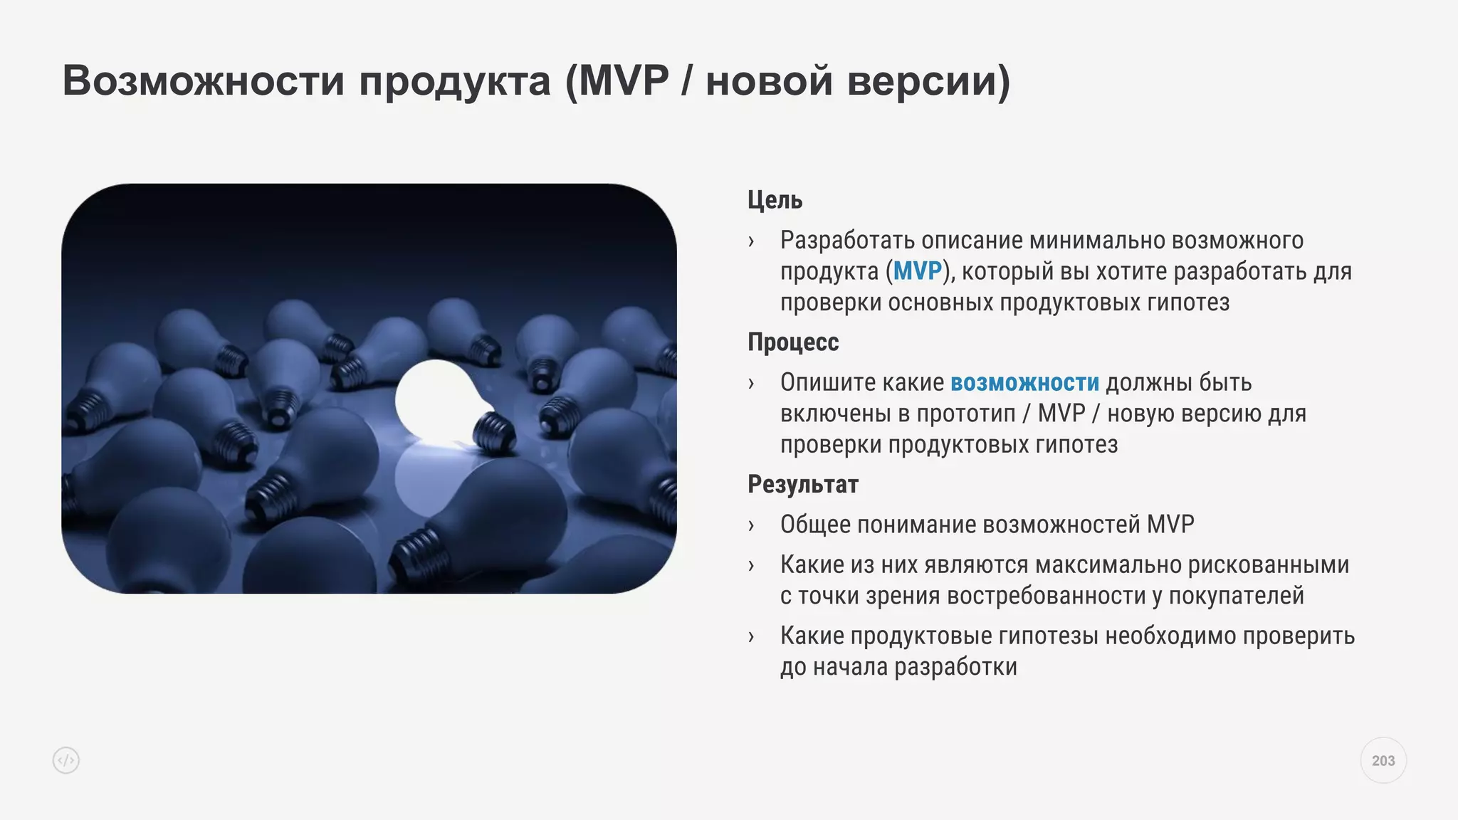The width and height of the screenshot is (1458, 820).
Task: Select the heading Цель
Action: coord(775,200)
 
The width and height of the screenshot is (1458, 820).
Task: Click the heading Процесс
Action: coord(793,342)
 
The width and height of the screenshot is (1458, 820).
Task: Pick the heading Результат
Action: coord(803,485)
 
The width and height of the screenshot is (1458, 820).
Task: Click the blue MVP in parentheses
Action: coord(917,271)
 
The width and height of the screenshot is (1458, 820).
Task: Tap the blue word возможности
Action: coord(1024,383)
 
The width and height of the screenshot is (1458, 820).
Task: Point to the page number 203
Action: coord(1383,761)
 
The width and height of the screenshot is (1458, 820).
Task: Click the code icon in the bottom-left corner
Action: coord(66,761)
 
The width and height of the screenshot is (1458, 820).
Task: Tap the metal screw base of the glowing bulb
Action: coord(494,431)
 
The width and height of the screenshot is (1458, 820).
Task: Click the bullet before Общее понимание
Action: coord(751,526)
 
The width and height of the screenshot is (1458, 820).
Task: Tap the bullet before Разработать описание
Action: coord(751,241)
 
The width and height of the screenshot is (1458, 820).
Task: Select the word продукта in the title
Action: coord(454,80)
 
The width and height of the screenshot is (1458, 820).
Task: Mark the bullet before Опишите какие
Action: coord(751,384)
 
